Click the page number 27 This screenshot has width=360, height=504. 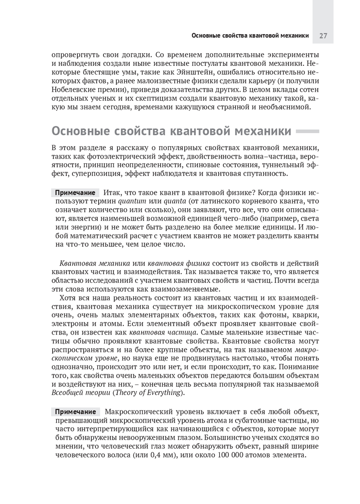(x=323, y=36)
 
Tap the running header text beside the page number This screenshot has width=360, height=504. (x=250, y=36)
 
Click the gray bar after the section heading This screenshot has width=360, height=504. (x=307, y=132)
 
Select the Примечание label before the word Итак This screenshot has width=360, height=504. (x=75, y=193)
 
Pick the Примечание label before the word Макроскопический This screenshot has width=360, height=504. (x=75, y=412)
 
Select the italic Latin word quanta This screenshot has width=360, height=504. (x=175, y=201)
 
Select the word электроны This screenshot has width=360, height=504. (x=69, y=324)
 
